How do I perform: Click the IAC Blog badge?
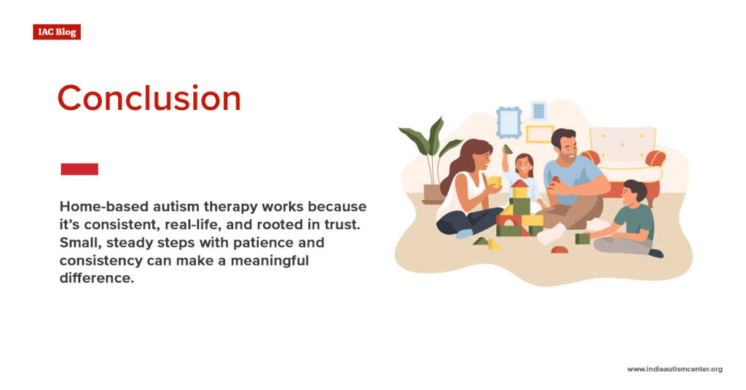pyautogui.click(x=57, y=32)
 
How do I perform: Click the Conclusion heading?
pyautogui.click(x=149, y=98)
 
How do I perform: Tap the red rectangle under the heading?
pyautogui.click(x=79, y=169)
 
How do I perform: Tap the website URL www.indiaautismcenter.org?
pyautogui.click(x=675, y=369)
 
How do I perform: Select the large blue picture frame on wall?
pyautogui.click(x=509, y=122)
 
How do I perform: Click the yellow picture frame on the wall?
pyautogui.click(x=540, y=134)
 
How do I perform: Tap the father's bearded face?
pyautogui.click(x=567, y=148)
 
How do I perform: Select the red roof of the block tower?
pyautogui.click(x=520, y=183)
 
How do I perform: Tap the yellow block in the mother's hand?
pyautogui.click(x=495, y=182)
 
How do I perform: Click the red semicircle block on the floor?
pyautogui.click(x=559, y=250)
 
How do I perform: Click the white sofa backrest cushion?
pyautogui.click(x=622, y=143)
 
